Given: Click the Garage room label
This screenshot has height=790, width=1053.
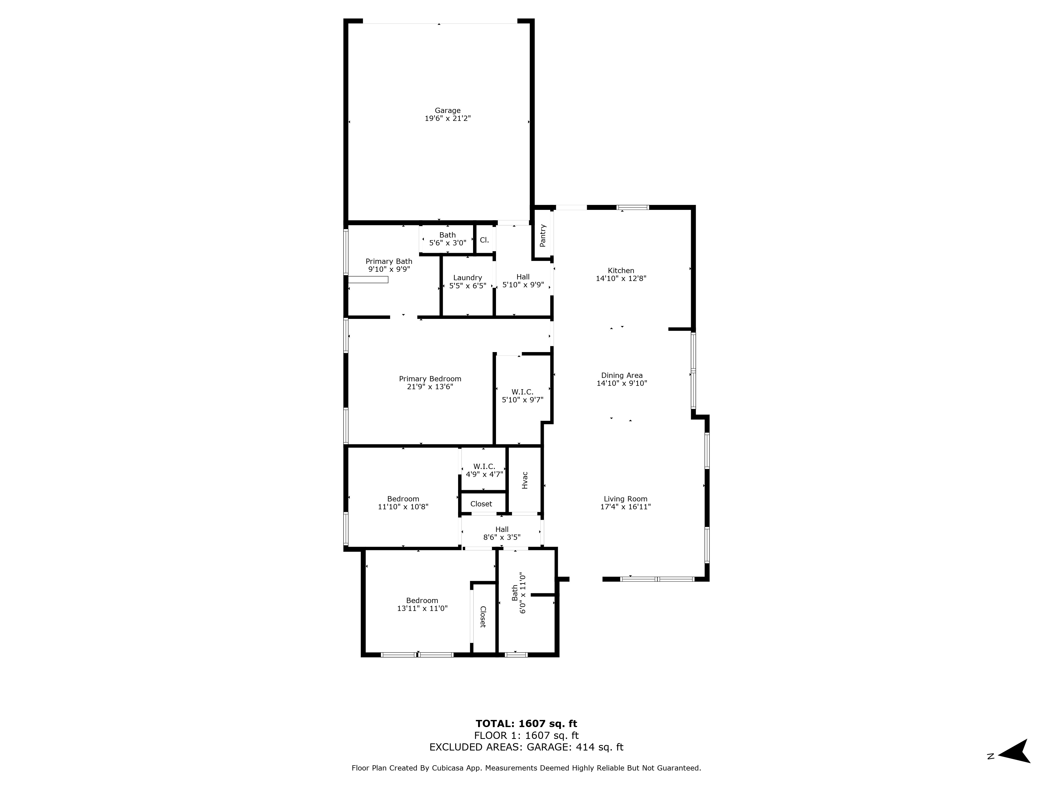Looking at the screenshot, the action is pyautogui.click(x=448, y=111).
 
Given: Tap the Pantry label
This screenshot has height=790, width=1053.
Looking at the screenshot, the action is pyautogui.click(x=542, y=235).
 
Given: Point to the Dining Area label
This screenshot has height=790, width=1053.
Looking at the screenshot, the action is pyautogui.click(x=622, y=375).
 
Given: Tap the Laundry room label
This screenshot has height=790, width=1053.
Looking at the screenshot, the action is pyautogui.click(x=468, y=278).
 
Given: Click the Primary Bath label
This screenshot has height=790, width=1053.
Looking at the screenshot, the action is pyautogui.click(x=389, y=261).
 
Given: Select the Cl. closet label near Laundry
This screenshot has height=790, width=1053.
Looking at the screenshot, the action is pyautogui.click(x=484, y=240).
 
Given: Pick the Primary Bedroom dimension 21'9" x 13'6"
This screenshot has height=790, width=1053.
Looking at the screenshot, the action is pyautogui.click(x=430, y=387).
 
